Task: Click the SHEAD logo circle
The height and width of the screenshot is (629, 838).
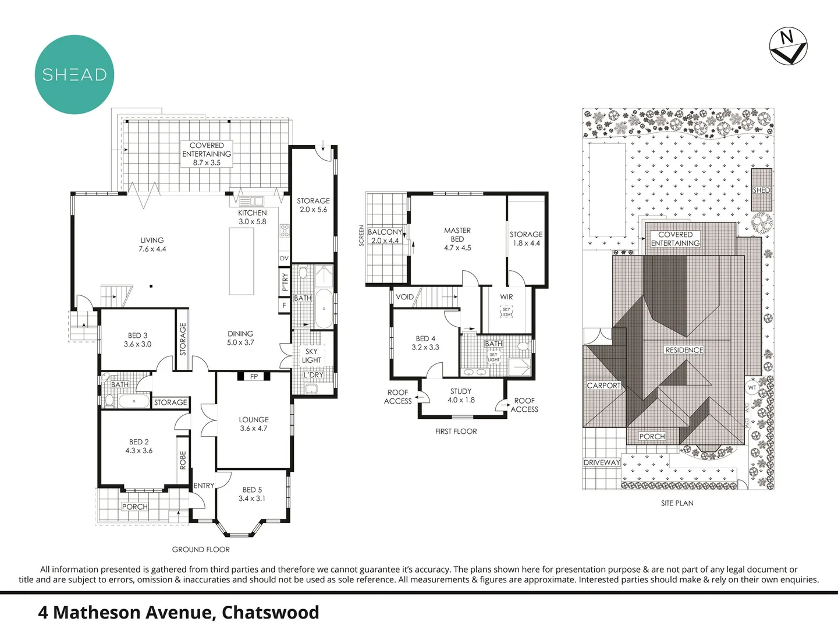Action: pos(74,75)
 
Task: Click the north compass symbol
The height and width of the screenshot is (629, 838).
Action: pos(788,46)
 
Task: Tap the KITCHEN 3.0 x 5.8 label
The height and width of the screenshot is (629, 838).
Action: pos(252,217)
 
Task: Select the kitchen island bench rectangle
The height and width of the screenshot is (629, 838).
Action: pos(242,262)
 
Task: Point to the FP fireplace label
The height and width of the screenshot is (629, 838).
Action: pos(254,377)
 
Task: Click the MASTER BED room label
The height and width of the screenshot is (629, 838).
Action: pos(457,239)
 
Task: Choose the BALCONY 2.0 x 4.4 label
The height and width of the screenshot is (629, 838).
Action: pos(385,236)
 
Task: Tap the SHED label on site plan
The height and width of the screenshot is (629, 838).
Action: pos(761,190)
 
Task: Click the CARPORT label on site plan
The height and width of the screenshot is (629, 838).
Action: pos(603,386)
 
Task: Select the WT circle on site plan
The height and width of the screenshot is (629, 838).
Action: pos(752,388)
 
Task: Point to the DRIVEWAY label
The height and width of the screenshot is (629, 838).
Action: pos(602,462)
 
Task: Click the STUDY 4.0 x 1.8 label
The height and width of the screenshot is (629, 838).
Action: pos(461,395)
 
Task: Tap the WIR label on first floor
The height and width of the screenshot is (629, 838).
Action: pos(506,297)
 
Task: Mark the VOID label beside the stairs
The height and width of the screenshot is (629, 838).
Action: pos(404,297)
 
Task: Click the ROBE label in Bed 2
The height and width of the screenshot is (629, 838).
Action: pos(183,460)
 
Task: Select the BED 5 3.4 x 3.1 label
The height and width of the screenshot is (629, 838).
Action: pos(252,494)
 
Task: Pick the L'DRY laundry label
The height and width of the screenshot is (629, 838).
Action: pos(313,375)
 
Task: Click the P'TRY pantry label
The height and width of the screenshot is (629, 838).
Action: pos(285,282)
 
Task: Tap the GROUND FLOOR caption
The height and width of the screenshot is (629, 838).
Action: pos(201,549)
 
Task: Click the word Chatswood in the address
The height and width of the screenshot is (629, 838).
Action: pos(270,613)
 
